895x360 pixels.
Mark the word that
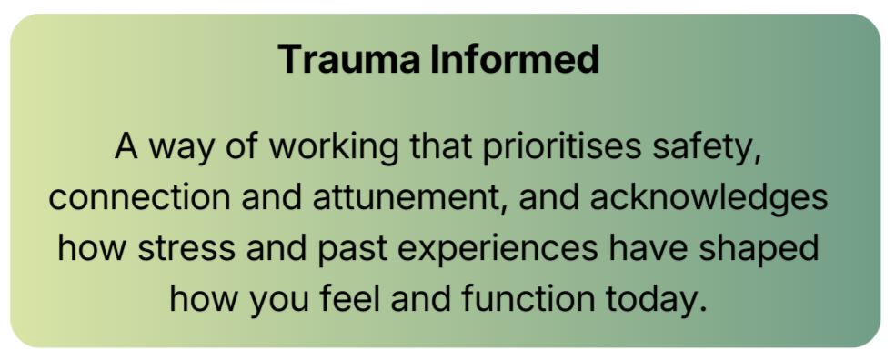pyautogui.click(x=432, y=147)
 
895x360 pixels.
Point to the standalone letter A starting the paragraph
pyautogui.click(x=126, y=147)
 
